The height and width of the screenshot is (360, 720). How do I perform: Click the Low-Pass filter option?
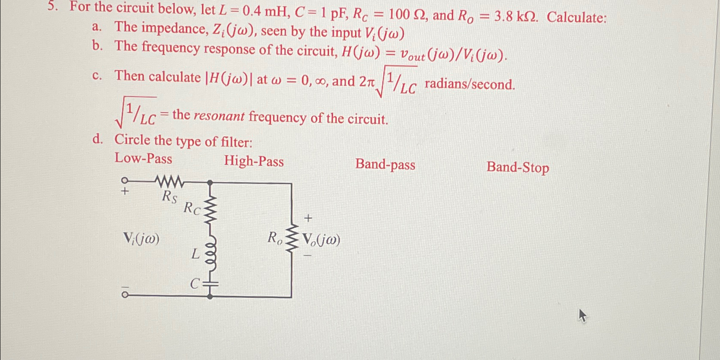pos(143,159)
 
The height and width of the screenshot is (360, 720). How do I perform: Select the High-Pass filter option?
pos(254,161)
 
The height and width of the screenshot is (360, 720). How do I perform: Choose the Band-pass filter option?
pos(385,165)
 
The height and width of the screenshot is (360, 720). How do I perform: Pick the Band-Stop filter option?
pos(518,167)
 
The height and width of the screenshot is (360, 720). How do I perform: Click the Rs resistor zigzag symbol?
pos(170,182)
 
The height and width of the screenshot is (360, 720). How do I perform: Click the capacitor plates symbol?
pos(210,283)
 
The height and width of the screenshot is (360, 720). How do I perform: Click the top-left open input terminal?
pos(124,180)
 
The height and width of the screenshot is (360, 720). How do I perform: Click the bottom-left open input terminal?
pos(124,295)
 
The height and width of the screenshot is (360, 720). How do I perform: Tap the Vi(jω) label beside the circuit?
pos(141,239)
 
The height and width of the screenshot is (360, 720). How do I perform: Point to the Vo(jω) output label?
pos(321,240)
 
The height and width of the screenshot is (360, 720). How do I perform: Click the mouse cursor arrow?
pos(582,316)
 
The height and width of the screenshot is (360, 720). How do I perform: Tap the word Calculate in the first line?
pos(576,18)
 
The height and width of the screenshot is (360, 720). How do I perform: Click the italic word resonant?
pos(219,116)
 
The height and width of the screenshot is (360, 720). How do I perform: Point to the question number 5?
pos(52,6)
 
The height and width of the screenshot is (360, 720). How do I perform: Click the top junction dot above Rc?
pos(210,183)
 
